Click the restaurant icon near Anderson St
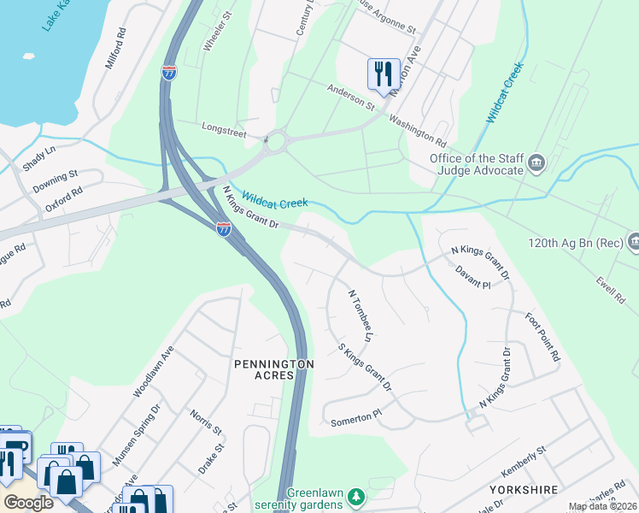pos(383,73)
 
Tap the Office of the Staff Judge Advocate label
pos(476,164)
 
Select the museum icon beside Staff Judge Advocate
pos(536,162)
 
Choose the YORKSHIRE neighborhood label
pos(524,490)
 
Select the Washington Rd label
pos(418,129)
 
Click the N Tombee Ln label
pos(361,315)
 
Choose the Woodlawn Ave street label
pos(154,371)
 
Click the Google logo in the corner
pos(29,502)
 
